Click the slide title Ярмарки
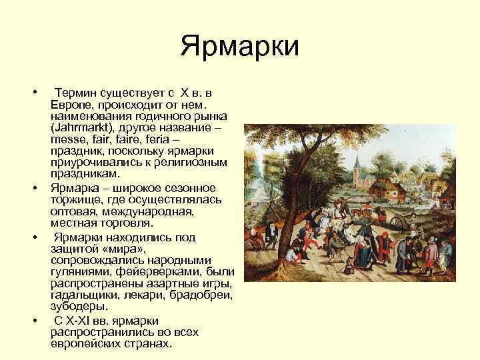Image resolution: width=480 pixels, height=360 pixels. (241, 47)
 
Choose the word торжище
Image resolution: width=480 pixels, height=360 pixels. (75, 200)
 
